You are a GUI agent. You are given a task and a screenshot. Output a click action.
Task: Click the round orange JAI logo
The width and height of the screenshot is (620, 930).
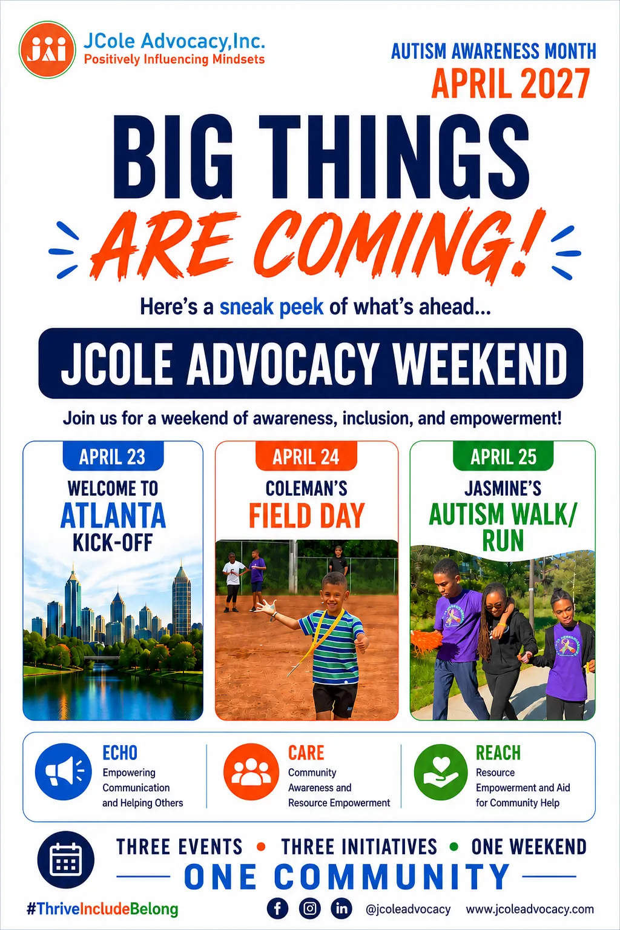point(47,50)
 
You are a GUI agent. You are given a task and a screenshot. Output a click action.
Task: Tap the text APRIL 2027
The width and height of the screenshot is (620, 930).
point(510,83)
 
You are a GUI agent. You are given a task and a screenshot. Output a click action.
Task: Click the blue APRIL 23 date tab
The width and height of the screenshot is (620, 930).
point(113,456)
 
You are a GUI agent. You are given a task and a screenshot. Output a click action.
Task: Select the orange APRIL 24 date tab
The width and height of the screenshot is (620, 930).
point(306,456)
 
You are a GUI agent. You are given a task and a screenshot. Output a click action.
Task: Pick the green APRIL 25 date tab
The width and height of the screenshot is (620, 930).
point(503,456)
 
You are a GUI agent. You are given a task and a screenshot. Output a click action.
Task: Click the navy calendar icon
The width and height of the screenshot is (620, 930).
point(65,860)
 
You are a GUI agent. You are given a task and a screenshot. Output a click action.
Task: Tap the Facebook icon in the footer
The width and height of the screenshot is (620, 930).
point(278,909)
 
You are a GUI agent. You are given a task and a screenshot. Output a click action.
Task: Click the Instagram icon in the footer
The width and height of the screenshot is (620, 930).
point(309,909)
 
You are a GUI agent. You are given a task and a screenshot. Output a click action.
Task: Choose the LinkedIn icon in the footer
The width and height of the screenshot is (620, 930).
point(341,909)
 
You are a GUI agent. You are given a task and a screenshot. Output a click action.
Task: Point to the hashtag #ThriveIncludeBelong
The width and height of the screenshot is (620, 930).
point(102,909)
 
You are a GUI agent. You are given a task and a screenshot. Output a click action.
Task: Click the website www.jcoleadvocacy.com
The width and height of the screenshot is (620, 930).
point(530,909)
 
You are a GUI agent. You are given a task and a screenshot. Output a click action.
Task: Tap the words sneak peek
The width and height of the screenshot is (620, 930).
point(271,307)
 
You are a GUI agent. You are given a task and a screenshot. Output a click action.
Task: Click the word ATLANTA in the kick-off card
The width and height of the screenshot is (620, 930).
point(113,515)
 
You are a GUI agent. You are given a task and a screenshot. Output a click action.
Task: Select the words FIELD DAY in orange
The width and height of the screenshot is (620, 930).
point(307,515)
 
